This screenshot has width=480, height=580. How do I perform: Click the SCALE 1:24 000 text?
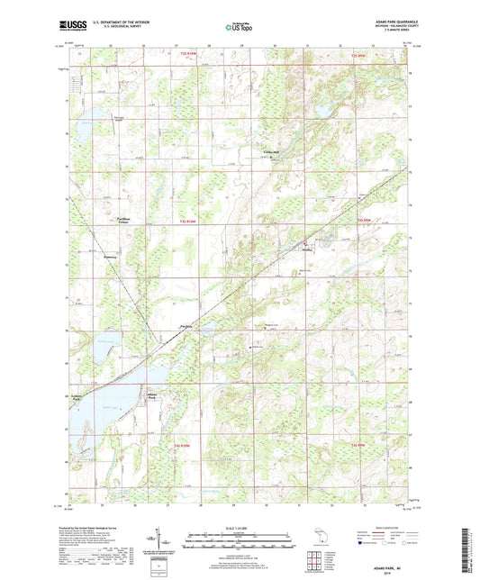[x=240, y=529]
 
